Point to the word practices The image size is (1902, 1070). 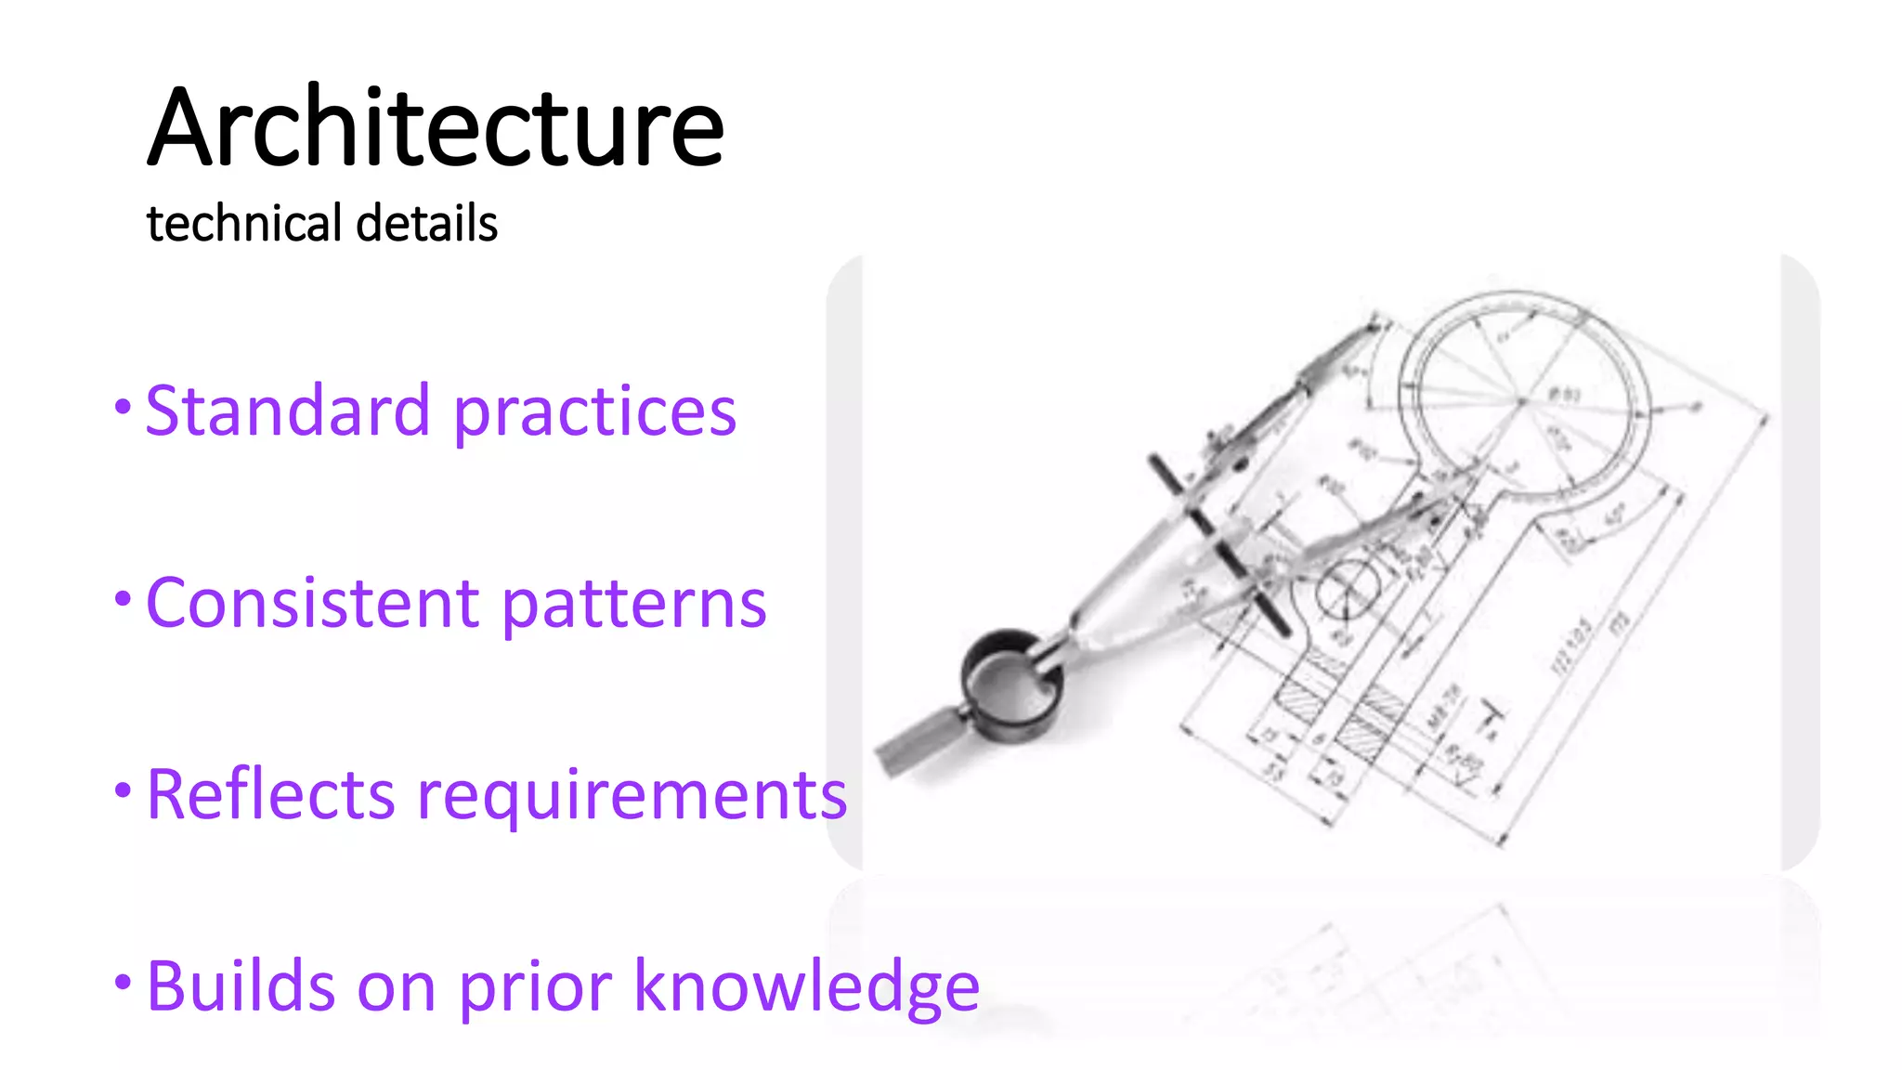pyautogui.click(x=594, y=412)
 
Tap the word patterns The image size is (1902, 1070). pyautogui.click(x=634, y=605)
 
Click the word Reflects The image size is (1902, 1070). pyautogui.click(x=271, y=795)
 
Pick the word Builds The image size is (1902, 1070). pyautogui.click(x=241, y=985)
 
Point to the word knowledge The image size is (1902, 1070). pyautogui.click(x=806, y=987)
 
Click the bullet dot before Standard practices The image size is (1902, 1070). pyautogui.click(x=123, y=406)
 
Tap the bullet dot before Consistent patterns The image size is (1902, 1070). pyautogui.click(x=123, y=598)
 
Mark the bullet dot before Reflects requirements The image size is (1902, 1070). pyautogui.click(x=123, y=790)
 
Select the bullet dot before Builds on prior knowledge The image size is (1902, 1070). pyautogui.click(x=123, y=982)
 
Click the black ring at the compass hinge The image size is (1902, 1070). pyautogui.click(x=1010, y=685)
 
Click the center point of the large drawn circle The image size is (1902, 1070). pyautogui.click(x=1522, y=401)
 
